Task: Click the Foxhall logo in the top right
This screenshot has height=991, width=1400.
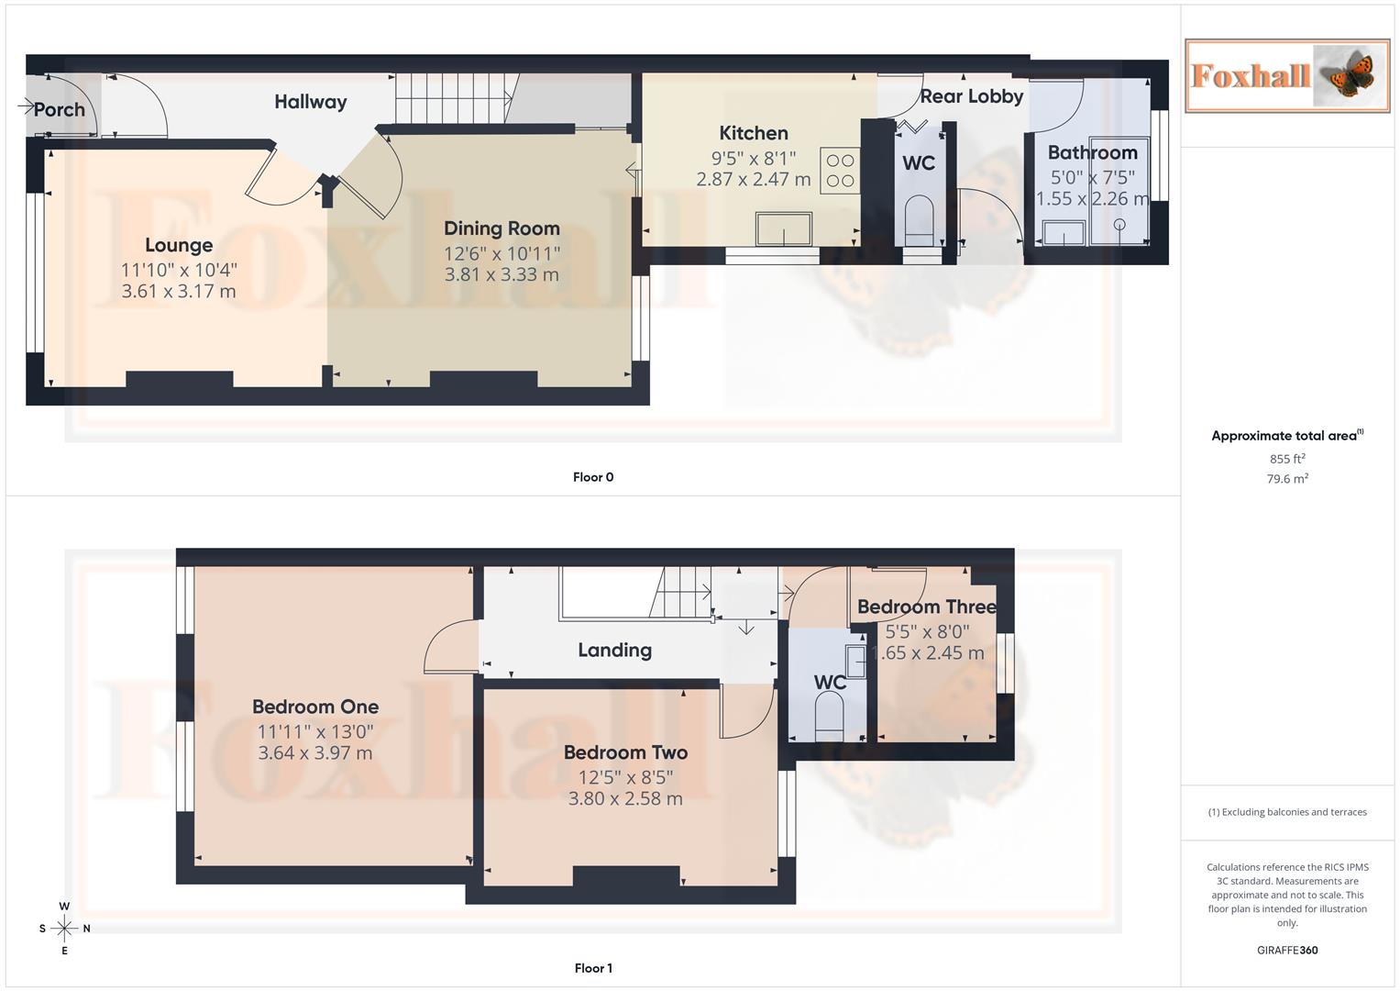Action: coord(1286,75)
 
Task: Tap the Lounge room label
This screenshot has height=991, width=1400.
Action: coord(179,245)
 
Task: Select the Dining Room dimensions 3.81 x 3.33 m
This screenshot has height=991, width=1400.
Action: coord(501,274)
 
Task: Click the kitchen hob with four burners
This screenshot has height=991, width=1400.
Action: coord(840,171)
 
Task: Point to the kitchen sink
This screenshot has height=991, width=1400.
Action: coord(783,228)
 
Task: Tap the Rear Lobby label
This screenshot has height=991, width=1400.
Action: coord(971,96)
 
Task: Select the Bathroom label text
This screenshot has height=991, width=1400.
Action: coord(1092,152)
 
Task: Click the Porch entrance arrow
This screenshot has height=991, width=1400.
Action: coord(26,107)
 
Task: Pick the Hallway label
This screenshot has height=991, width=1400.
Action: coord(310,102)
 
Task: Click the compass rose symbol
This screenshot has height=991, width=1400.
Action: coord(64,929)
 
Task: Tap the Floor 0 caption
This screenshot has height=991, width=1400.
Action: coord(593,477)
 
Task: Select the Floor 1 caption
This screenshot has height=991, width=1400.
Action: coord(593,968)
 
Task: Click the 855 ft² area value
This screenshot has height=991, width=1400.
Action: coord(1286,459)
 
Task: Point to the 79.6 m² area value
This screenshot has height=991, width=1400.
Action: coord(1286,479)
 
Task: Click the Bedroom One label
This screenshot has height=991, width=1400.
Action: coord(315,707)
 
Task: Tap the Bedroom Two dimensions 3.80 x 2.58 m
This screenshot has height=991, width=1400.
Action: coord(625,798)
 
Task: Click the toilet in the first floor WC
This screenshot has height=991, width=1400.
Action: coord(829,714)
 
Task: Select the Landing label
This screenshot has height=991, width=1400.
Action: coord(614,651)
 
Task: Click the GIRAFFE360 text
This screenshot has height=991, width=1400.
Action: coord(1286,951)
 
